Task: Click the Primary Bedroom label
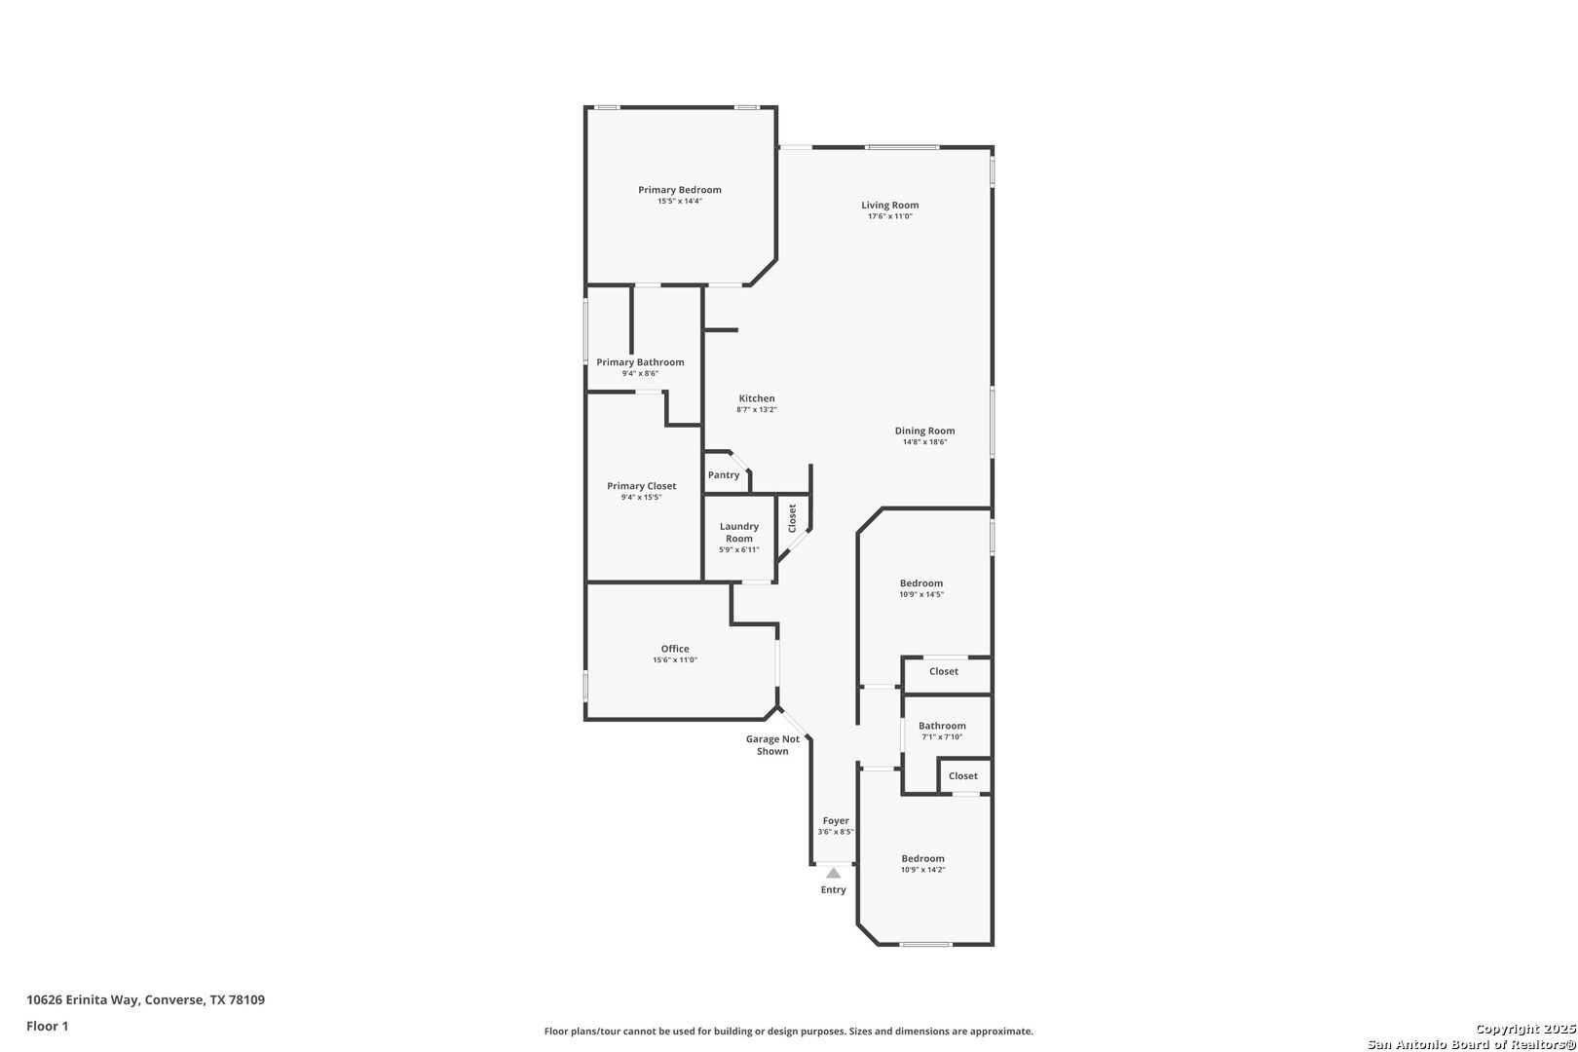(x=680, y=190)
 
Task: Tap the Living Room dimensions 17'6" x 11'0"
(x=889, y=216)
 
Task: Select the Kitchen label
(x=757, y=398)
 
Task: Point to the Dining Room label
(x=925, y=431)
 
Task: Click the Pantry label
(x=724, y=475)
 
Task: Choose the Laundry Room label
(x=739, y=532)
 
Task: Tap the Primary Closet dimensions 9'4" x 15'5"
(x=641, y=498)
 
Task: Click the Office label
(x=675, y=649)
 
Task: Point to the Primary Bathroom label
(x=640, y=362)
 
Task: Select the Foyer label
(x=836, y=821)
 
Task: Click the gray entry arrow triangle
(x=834, y=873)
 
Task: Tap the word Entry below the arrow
(x=834, y=890)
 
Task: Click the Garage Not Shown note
(x=772, y=745)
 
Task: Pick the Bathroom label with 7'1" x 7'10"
(x=942, y=726)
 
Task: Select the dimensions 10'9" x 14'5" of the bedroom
(x=921, y=595)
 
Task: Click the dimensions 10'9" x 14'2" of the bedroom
(x=922, y=870)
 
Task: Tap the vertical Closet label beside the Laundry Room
(x=793, y=518)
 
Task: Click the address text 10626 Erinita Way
(x=83, y=999)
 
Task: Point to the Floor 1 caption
(x=47, y=1026)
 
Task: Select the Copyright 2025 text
(x=1525, y=1030)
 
